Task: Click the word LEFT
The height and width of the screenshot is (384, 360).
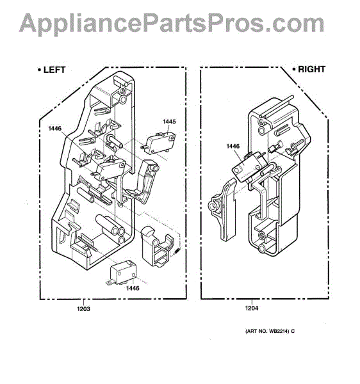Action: [54, 70]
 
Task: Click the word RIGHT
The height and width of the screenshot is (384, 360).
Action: [312, 69]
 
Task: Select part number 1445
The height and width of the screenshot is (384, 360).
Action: [169, 122]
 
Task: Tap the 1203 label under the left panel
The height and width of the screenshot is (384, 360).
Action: [83, 309]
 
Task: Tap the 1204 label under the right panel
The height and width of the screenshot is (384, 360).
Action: [252, 308]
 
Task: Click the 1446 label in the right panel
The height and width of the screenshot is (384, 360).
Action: [233, 146]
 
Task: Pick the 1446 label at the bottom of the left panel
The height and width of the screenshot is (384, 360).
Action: [133, 288]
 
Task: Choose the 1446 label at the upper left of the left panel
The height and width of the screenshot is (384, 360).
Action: [55, 129]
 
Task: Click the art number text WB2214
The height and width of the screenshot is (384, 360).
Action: [279, 332]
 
